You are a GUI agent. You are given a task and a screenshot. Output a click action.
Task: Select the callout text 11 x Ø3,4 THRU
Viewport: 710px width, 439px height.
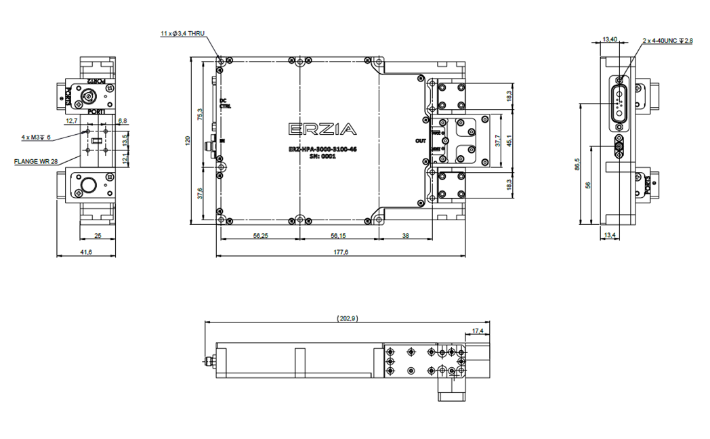[x=182, y=33]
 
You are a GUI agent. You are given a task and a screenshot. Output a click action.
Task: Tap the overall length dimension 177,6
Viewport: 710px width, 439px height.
[x=340, y=253]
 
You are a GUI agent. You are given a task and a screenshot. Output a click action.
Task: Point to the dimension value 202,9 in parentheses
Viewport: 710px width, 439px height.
[x=347, y=318]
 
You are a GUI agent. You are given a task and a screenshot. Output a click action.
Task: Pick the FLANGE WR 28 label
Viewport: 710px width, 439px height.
[x=35, y=162]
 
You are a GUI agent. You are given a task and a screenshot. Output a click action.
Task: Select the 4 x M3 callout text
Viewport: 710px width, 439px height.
[x=36, y=137]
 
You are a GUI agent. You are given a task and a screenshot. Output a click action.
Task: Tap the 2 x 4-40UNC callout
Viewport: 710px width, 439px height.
[x=667, y=41]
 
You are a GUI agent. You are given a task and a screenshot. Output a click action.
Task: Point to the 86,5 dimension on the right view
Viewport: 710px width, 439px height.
[x=577, y=165]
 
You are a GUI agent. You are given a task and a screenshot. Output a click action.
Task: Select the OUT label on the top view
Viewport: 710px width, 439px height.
[x=421, y=141]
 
